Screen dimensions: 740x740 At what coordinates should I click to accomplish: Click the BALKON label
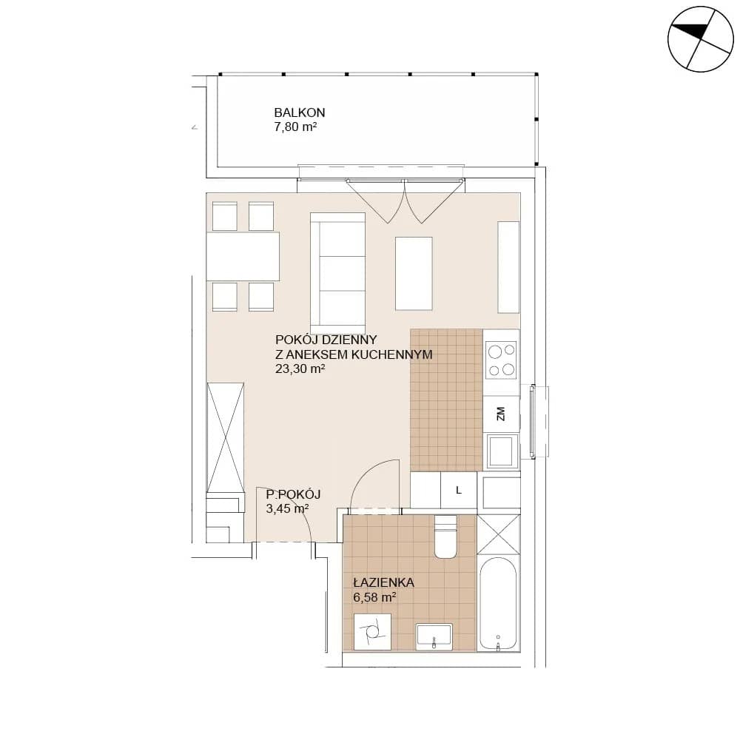click(x=299, y=112)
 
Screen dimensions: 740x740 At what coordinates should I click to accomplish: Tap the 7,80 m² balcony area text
click(x=295, y=127)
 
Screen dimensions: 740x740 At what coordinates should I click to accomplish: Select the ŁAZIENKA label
click(x=383, y=582)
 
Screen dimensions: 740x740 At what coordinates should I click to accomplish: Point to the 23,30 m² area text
click(x=300, y=369)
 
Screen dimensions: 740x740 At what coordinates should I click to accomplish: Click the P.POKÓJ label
click(x=293, y=494)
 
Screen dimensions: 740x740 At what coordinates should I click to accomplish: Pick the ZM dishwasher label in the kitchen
click(x=501, y=414)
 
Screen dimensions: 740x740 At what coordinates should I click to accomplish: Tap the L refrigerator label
click(x=458, y=491)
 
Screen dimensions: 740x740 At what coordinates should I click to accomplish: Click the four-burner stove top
click(x=501, y=360)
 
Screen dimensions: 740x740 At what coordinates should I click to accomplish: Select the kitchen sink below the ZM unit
click(x=502, y=451)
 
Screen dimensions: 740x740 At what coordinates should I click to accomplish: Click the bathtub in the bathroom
click(x=498, y=604)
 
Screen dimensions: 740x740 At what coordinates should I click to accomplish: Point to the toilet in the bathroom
click(x=445, y=536)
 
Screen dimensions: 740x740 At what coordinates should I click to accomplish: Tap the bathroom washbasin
click(x=434, y=636)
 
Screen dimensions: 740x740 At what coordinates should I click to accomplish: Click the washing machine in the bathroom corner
click(x=372, y=631)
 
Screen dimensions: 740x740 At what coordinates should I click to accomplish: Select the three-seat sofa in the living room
click(x=338, y=273)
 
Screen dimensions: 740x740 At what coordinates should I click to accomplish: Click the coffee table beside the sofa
click(x=414, y=274)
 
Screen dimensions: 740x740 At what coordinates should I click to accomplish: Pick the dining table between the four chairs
click(x=243, y=256)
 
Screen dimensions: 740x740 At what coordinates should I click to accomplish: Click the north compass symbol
click(x=700, y=39)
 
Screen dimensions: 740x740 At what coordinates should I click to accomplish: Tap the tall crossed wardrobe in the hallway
click(x=226, y=437)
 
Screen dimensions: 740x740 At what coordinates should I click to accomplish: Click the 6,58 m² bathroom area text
click(x=374, y=597)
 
